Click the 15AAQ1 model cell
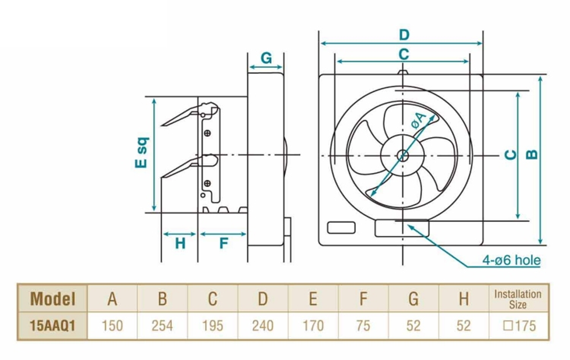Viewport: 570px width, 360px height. (53, 326)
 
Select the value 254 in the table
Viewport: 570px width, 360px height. (162, 326)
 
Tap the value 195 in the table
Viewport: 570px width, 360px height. (212, 326)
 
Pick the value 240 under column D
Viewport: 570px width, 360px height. (263, 326)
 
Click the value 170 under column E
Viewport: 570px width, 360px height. (313, 326)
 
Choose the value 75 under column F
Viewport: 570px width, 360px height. (363, 326)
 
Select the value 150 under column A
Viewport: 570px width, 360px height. (112, 326)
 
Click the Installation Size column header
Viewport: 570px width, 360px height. (518, 299)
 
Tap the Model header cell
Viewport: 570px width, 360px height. (53, 299)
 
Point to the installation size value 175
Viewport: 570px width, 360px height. (519, 326)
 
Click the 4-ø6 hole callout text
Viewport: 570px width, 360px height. (511, 260)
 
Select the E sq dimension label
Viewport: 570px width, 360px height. (142, 152)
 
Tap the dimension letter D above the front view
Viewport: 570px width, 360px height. (403, 35)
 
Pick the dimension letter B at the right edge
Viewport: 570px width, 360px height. (531, 154)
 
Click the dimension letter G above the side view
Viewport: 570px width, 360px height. (266, 58)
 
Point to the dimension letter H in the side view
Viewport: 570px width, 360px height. (180, 244)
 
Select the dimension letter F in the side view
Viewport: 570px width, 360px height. (224, 244)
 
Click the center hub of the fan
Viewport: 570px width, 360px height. (402, 155)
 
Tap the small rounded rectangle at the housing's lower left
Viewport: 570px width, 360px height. (341, 227)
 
